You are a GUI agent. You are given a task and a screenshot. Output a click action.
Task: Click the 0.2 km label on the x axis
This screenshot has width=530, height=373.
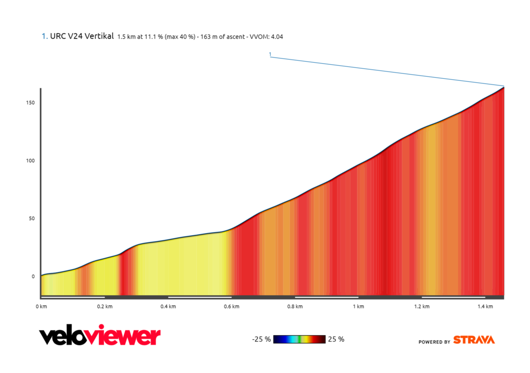click(x=105, y=307)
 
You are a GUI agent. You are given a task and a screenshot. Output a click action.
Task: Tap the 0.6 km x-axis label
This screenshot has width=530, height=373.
click(x=231, y=307)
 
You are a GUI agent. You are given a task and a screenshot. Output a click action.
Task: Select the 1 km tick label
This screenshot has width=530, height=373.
click(x=358, y=307)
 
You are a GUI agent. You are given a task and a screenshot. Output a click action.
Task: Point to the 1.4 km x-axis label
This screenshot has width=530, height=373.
click(x=485, y=307)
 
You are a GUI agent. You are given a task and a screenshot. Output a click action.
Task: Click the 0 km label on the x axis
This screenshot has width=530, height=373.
click(x=41, y=307)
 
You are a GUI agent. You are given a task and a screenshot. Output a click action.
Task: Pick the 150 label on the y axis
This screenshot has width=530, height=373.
click(x=30, y=103)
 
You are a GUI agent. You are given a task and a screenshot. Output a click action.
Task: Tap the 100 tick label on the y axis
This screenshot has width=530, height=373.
click(x=30, y=161)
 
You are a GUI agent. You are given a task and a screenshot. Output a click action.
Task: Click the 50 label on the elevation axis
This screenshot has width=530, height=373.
click(x=32, y=219)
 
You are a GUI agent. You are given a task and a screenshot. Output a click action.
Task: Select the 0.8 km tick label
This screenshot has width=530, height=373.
click(x=295, y=307)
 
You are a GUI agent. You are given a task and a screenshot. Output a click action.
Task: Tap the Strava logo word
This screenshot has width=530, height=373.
click(x=474, y=340)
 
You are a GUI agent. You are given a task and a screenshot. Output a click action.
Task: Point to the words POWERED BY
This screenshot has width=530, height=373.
click(x=434, y=342)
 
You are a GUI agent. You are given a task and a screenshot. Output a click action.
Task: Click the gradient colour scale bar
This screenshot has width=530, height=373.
click(x=299, y=339)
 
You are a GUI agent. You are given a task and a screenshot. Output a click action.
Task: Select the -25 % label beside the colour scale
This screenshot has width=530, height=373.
click(x=261, y=340)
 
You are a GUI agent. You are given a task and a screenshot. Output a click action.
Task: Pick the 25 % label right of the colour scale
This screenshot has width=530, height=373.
click(x=336, y=340)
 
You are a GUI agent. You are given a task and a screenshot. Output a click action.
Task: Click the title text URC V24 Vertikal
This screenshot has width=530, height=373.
click(x=82, y=37)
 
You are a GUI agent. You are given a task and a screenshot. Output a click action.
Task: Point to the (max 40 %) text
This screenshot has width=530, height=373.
click(x=179, y=37)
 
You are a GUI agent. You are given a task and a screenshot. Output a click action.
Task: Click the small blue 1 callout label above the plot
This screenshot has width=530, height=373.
click(x=270, y=54)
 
